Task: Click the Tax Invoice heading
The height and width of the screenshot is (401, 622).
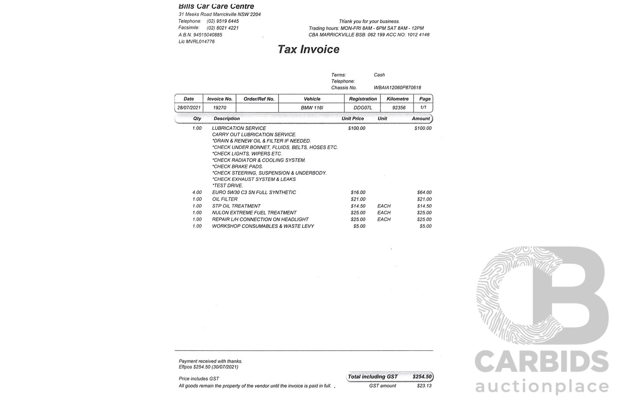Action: tap(308, 50)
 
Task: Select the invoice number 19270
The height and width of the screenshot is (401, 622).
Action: tap(220, 108)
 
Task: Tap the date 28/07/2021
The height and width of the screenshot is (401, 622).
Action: tap(189, 108)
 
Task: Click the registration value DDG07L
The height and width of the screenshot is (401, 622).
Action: tap(363, 108)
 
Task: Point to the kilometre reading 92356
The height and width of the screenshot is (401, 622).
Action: tap(398, 108)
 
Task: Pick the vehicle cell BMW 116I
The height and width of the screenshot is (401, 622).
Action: tap(312, 108)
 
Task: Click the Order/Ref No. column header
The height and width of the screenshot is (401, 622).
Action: tap(259, 99)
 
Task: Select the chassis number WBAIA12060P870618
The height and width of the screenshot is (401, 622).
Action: tap(397, 88)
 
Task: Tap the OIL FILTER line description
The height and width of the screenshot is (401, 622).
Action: tap(225, 199)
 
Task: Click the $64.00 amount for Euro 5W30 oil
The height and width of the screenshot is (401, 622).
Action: tap(424, 192)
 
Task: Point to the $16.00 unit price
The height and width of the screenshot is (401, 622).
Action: tap(358, 192)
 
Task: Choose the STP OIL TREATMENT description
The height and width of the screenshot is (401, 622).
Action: tap(236, 206)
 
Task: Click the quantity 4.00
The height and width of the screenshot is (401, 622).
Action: tap(197, 192)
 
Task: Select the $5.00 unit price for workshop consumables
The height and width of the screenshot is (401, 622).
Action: tap(359, 227)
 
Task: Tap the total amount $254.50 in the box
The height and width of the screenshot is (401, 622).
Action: tap(422, 377)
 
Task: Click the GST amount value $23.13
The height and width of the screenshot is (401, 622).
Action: tap(424, 386)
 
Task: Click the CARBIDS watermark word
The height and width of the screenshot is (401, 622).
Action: tap(541, 363)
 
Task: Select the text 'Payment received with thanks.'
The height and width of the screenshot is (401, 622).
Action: tap(210, 361)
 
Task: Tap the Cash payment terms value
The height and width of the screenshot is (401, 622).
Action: tap(379, 75)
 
